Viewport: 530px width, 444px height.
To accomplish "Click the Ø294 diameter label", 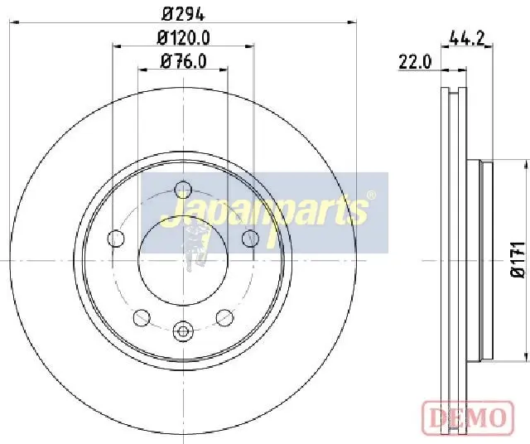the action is tap(183, 14).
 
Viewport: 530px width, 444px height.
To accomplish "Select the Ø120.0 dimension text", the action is tap(184, 38).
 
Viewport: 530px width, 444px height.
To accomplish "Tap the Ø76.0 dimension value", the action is tap(184, 61).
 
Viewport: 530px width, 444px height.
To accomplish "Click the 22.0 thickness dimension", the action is tap(415, 62).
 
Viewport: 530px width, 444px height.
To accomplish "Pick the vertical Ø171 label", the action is tap(517, 260).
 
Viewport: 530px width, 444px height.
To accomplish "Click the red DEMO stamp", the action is tap(468, 417).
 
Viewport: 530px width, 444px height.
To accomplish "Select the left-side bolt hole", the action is tap(116, 239).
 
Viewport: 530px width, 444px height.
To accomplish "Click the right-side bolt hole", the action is tap(250, 238).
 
